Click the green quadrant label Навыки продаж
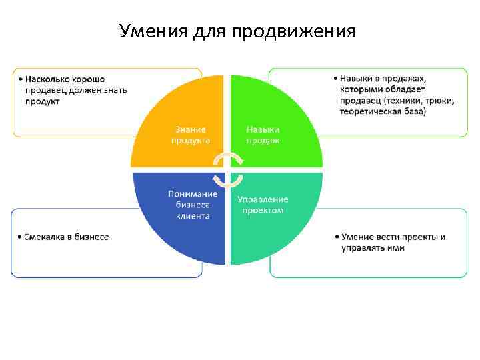click(x=263, y=135)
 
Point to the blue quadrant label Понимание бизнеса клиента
click(x=193, y=205)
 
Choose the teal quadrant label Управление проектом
click(x=263, y=205)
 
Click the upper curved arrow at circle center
click(x=229, y=158)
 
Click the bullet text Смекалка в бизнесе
click(x=65, y=237)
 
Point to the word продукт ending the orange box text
click(x=43, y=101)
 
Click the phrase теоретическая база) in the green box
click(x=382, y=111)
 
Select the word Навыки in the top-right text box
click(x=357, y=79)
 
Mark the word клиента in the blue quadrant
click(x=193, y=215)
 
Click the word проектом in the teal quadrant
click(x=263, y=210)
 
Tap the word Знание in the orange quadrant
click(x=191, y=129)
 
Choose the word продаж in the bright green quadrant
click(x=263, y=140)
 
